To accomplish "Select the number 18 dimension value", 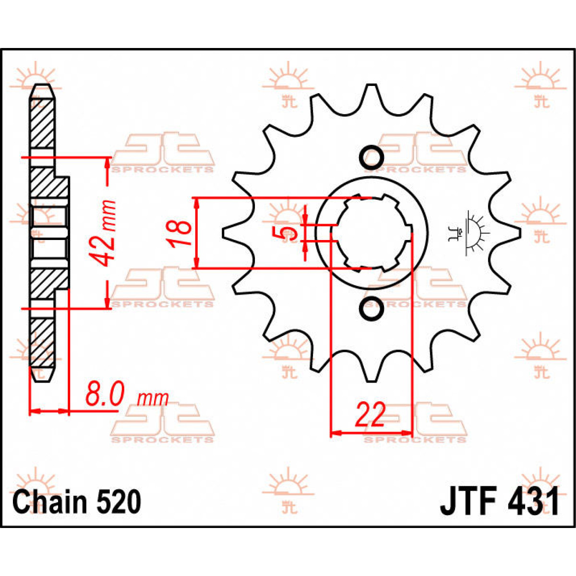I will (178, 233).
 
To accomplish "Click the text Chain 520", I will (77, 502).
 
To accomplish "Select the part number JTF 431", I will (499, 502).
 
